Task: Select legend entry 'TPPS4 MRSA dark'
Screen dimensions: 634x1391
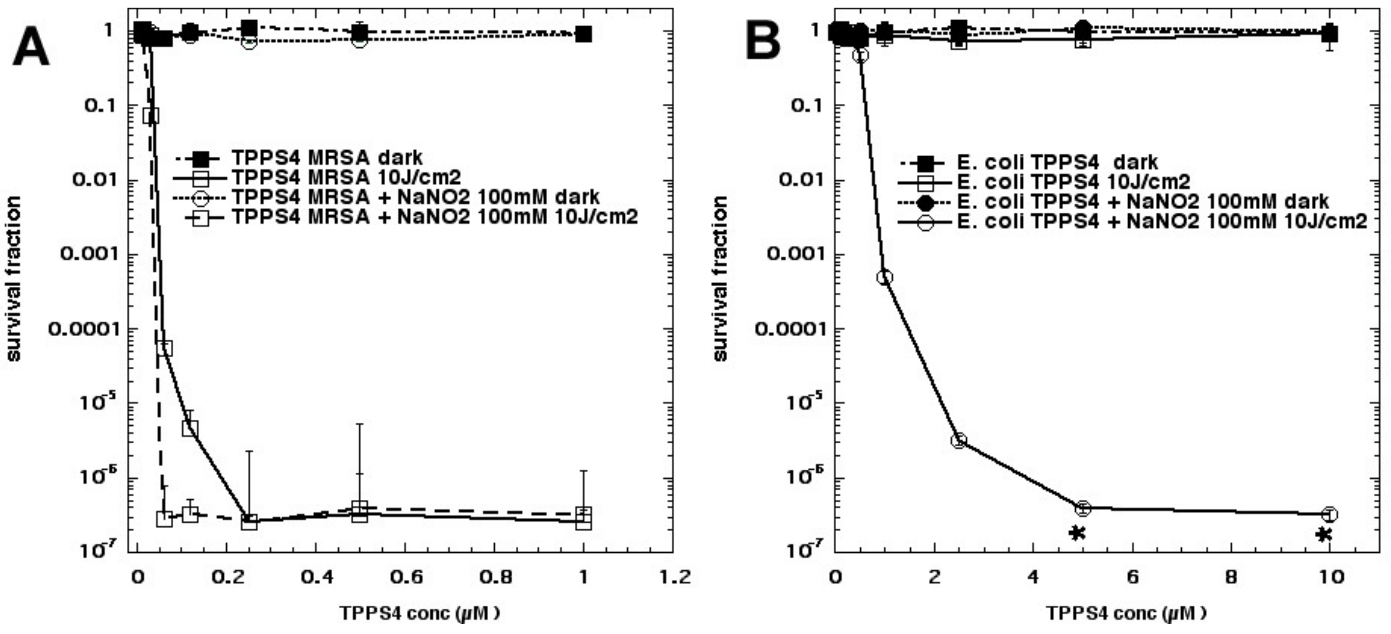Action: pyautogui.click(x=327, y=158)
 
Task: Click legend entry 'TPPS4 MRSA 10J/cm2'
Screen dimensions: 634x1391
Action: pyautogui.click(x=345, y=177)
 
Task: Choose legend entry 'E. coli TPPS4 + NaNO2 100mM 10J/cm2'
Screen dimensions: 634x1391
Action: pyautogui.click(x=1161, y=221)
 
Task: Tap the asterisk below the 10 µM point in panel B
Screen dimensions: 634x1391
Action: pyautogui.click(x=1324, y=535)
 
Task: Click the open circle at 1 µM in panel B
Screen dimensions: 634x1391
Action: pyautogui.click(x=885, y=277)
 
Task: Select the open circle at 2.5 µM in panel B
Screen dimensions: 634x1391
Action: pyautogui.click(x=958, y=440)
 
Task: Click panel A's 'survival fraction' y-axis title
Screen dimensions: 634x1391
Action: pyautogui.click(x=14, y=278)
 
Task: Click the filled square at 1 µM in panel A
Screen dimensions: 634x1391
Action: pyautogui.click(x=583, y=34)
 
